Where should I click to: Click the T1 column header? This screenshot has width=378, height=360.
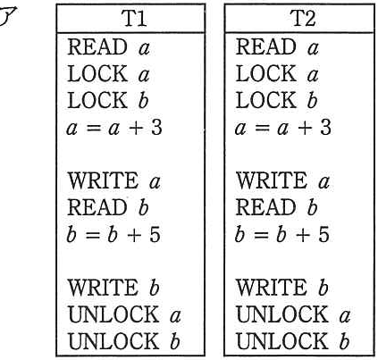tap(134, 18)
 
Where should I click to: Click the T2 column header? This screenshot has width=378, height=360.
tap(303, 18)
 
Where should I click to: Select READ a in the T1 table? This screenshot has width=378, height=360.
tap(108, 47)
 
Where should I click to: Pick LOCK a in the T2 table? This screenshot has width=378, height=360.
tap(277, 74)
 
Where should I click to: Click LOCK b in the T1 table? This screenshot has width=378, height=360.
tap(108, 100)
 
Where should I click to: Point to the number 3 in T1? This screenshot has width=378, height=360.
tap(155, 127)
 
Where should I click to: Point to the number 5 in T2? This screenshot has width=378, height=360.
tap(323, 234)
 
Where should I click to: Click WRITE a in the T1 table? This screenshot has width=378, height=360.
tap(114, 180)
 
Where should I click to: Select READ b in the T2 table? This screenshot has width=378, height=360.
tap(276, 207)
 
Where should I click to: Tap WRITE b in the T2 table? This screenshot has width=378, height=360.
tap(282, 288)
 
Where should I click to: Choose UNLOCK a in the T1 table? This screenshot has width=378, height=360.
tap(124, 314)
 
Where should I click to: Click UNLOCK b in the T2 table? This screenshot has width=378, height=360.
tap(293, 341)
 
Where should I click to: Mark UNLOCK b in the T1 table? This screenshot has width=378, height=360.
tap(124, 341)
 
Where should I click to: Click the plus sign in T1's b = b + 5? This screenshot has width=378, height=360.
tap(136, 235)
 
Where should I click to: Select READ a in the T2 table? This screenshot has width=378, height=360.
tap(277, 47)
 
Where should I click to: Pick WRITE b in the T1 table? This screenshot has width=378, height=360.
tap(113, 288)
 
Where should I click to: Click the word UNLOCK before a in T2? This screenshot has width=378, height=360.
tap(282, 314)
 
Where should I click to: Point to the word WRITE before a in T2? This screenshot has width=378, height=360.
tap(272, 180)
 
